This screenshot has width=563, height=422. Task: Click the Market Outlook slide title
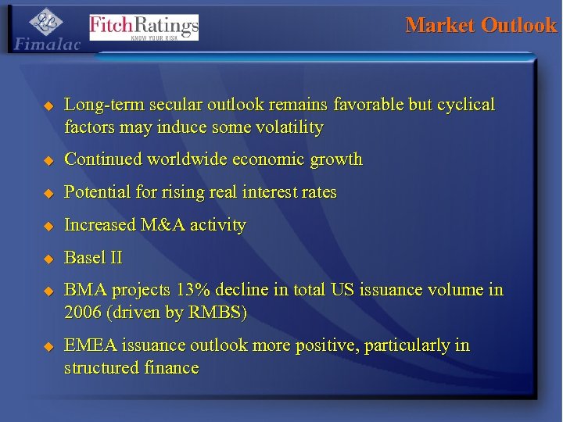[x=481, y=25]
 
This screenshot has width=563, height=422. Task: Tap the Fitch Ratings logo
[x=144, y=27]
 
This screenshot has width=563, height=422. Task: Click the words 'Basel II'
[x=93, y=258]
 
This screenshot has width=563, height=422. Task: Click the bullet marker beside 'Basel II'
[x=47, y=258]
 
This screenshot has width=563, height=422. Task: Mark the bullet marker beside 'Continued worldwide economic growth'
[x=47, y=159]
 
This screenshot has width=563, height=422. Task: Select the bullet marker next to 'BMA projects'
[x=47, y=291]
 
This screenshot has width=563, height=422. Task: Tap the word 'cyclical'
[x=467, y=105]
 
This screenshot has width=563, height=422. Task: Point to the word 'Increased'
[x=99, y=225]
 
